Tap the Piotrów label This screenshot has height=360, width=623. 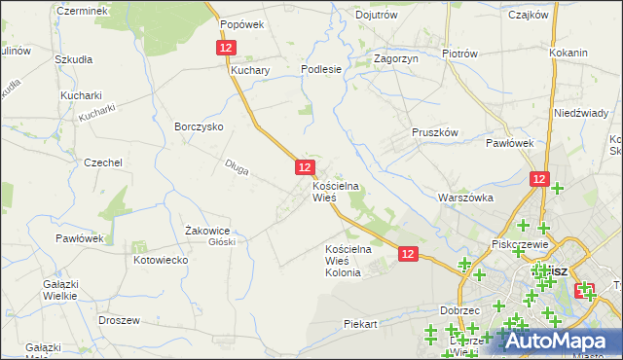[x=459, y=54]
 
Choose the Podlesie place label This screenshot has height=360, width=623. [x=321, y=69]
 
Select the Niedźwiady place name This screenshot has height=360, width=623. [x=581, y=113]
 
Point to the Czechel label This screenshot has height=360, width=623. [x=102, y=162]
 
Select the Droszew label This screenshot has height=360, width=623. [x=120, y=319]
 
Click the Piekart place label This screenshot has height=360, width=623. [x=360, y=323]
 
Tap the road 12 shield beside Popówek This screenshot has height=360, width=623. [x=226, y=47]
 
